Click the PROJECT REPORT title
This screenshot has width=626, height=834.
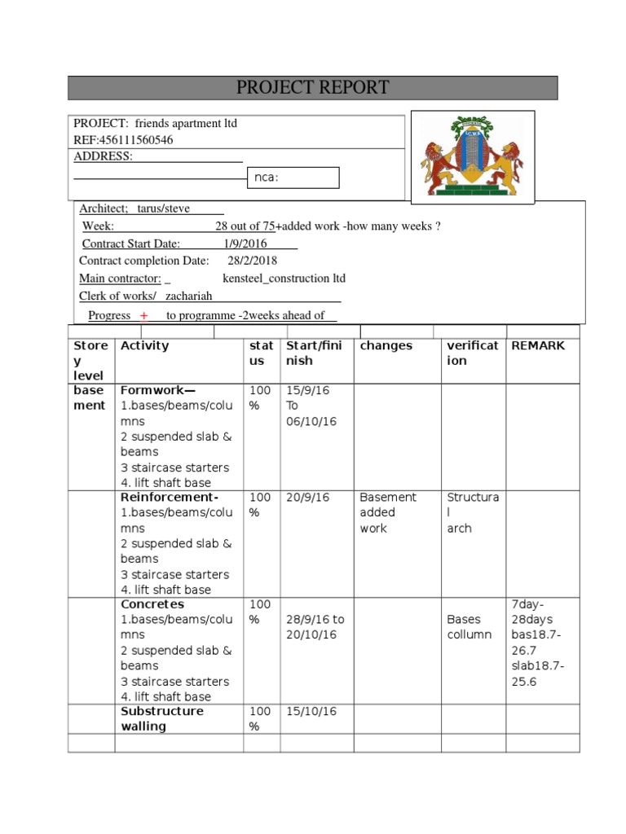(312, 88)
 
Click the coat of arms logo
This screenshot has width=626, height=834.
(472, 156)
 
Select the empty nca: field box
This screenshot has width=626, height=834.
(293, 178)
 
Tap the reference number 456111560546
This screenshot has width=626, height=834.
(135, 140)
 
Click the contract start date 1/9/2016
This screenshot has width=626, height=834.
(247, 244)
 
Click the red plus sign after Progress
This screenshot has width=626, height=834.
(143, 316)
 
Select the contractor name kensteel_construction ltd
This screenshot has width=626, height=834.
(277, 279)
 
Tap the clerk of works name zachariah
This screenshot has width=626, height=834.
(189, 296)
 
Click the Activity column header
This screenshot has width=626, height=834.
(145, 345)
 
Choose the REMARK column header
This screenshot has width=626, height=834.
(537, 345)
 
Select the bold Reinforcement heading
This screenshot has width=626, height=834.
(170, 497)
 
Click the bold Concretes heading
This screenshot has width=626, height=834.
(152, 604)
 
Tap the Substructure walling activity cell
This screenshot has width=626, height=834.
(162, 718)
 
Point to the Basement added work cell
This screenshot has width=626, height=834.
(388, 512)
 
